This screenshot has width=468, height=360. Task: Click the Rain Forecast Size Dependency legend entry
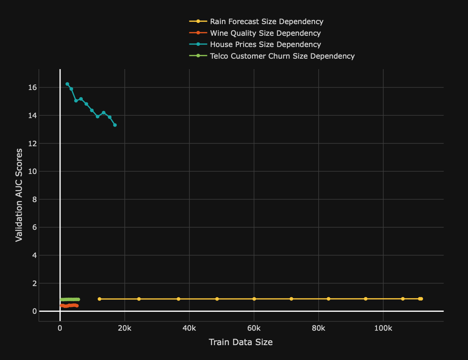pos(267,21)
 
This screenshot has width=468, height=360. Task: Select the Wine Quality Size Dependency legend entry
pos(265,33)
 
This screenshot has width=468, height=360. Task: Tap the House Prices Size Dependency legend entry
pos(265,45)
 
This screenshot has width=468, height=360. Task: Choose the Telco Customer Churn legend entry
pos(282,56)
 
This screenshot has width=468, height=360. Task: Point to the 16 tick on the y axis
pos(33,88)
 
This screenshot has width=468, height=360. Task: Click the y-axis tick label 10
pos(33,172)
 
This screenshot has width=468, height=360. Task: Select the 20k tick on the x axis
pos(124,328)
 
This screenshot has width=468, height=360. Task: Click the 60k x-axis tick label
pos(254,328)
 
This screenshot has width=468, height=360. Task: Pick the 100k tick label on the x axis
pos(383,328)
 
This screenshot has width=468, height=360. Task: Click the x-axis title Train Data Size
pos(241,342)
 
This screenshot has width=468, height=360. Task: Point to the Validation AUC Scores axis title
pos(18,195)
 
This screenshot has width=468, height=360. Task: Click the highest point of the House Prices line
pos(67,84)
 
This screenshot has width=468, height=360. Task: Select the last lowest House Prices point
pos(115,125)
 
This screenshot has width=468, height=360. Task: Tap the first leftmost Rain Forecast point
pos(100,299)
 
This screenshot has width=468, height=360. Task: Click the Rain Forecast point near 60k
pos(254,299)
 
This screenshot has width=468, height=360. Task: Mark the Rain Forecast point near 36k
pos(179,299)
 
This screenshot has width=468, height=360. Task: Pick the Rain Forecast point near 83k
pos(328,299)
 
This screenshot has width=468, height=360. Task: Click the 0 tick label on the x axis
pos(60,328)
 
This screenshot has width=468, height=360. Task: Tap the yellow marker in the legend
pos(198,21)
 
